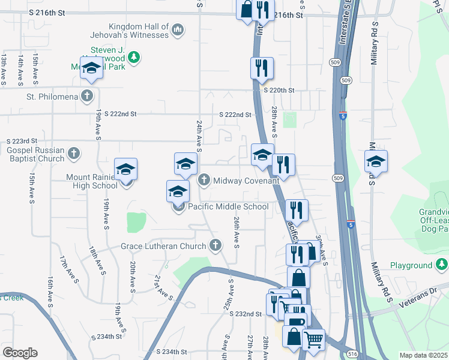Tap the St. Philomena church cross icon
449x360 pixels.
[x=88, y=96]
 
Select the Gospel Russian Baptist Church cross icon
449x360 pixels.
[x=73, y=154]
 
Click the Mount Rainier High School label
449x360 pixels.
[x=92, y=181]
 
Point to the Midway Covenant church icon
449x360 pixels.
[x=204, y=180]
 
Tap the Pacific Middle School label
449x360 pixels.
[x=228, y=206]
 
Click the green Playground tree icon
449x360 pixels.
[x=442, y=265]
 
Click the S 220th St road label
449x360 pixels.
[x=279, y=90]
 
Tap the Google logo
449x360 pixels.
[x=20, y=353]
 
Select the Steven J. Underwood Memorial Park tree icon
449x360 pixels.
[x=136, y=57]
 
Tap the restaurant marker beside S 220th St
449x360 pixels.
[x=262, y=68]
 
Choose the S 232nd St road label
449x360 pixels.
[x=246, y=314]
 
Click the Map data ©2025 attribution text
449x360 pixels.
[x=423, y=355]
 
